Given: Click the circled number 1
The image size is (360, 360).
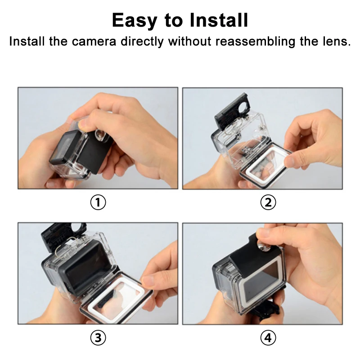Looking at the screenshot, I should tap(98, 202).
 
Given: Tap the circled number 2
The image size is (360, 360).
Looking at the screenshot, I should tap(268, 202).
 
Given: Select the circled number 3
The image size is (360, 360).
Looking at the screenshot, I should tap(98, 337).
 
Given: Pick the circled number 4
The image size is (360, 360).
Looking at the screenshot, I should tap(268, 337).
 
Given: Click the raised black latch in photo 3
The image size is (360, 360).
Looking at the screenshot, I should tap(63, 234).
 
